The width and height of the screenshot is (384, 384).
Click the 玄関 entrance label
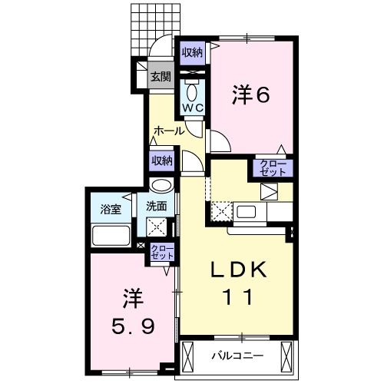click(161, 76)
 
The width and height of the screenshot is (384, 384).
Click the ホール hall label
click(168, 131)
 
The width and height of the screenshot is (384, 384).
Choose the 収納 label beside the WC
click(192, 52)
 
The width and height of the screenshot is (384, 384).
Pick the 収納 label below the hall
click(161, 161)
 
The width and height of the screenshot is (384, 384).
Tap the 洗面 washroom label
click(158, 206)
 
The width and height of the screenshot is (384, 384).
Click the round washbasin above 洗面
click(161, 186)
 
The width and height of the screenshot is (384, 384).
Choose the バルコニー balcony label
click(237, 356)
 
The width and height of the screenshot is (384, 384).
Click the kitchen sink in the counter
click(249, 211)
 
